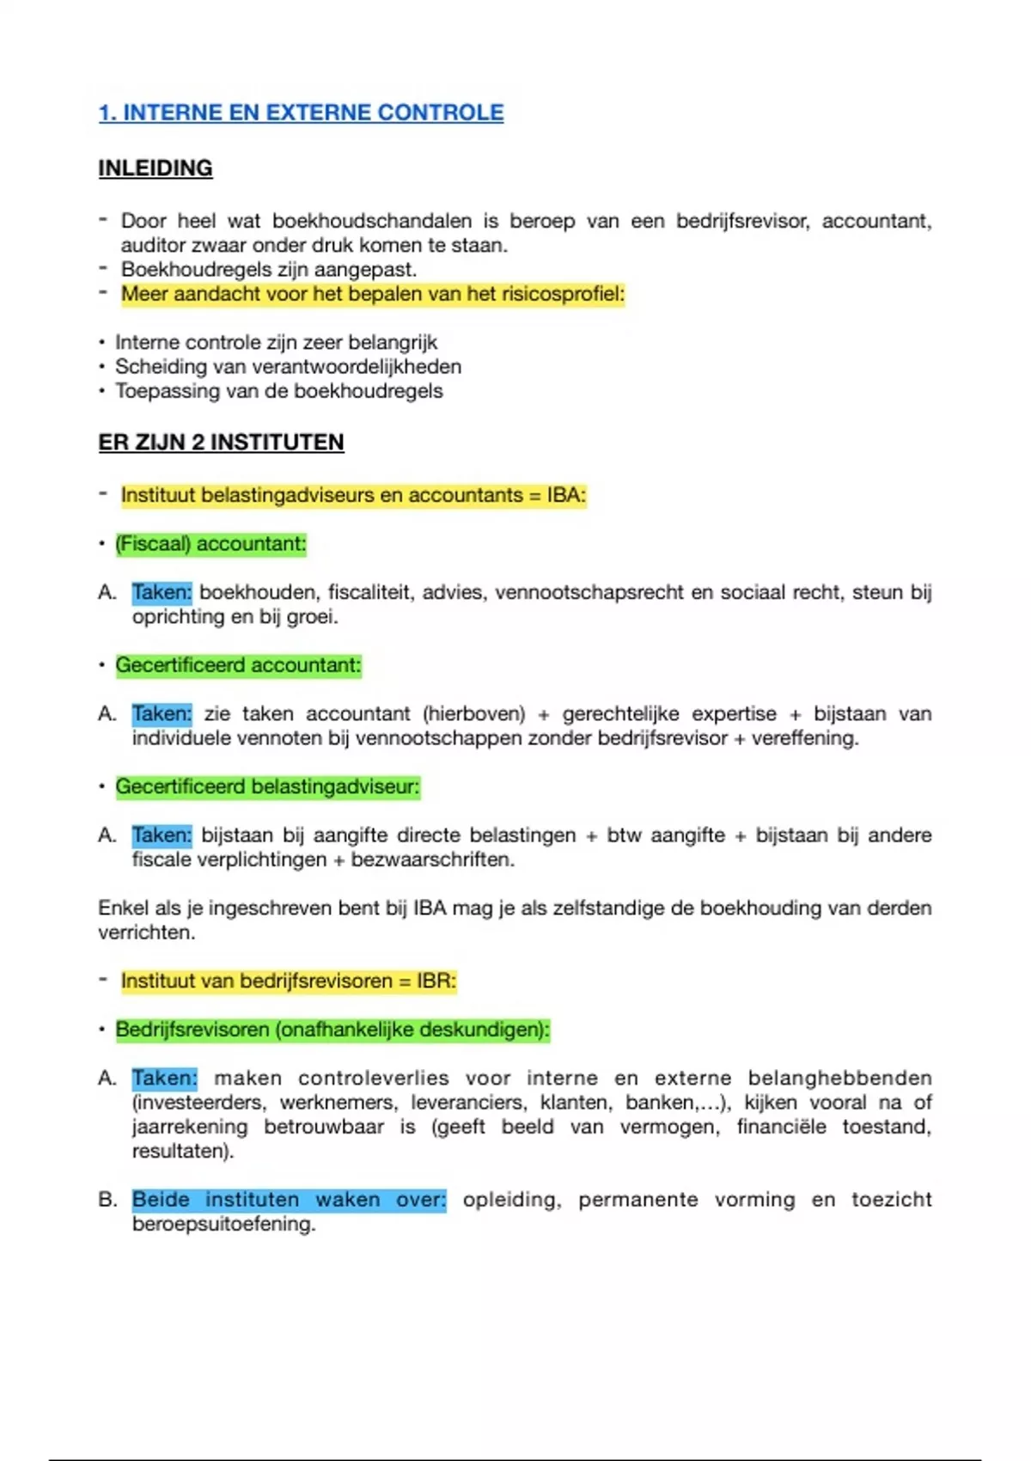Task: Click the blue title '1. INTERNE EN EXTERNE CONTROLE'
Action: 301,113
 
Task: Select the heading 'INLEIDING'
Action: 156,168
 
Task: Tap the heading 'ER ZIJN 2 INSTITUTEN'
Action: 221,443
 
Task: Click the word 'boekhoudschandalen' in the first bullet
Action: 372,221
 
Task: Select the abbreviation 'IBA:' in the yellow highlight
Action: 566,495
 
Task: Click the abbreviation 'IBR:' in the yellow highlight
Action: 436,981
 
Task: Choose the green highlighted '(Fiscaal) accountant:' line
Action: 210,544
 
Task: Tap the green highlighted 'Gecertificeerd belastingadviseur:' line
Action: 267,786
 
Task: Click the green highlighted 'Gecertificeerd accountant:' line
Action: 238,665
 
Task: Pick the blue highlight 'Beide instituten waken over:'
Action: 289,1200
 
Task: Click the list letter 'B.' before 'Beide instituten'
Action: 107,1200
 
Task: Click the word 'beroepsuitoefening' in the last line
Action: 223,1224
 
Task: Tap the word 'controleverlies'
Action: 374,1079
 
